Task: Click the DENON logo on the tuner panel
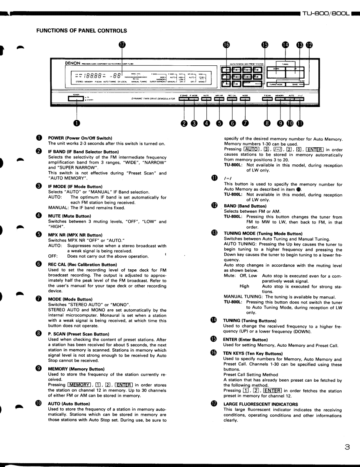(x=73, y=64)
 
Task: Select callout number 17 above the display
(x=122, y=45)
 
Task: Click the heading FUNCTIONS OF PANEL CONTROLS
(x=82, y=30)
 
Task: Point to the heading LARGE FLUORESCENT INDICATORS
(x=261, y=404)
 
